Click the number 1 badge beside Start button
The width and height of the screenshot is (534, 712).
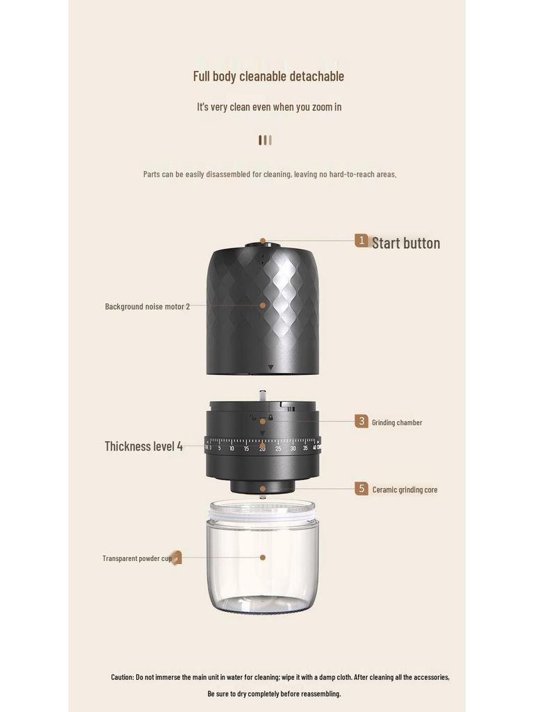[x=362, y=241]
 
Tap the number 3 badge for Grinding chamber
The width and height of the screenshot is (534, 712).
[x=362, y=421]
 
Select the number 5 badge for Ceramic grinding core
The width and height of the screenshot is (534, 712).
[x=362, y=489]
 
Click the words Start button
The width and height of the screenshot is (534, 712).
[x=406, y=243]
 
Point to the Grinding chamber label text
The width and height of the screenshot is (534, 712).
[x=397, y=423]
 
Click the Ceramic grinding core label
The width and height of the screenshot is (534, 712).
[x=405, y=489]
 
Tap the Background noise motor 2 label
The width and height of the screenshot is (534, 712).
[x=147, y=306]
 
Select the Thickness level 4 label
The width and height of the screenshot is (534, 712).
[x=144, y=446]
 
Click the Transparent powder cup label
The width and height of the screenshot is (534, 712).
[x=137, y=558]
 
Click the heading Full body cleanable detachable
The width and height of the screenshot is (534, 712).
[x=268, y=76]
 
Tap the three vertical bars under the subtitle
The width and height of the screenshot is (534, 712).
[x=265, y=140]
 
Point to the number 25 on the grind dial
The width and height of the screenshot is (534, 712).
[x=278, y=448]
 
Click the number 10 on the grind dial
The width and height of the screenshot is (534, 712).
[x=232, y=448]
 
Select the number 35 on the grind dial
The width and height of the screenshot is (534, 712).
[x=305, y=448]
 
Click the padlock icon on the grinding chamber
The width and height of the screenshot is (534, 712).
[x=270, y=417]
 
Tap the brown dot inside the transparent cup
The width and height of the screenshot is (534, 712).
[x=263, y=557]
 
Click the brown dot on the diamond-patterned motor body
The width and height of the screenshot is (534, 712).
[x=263, y=305]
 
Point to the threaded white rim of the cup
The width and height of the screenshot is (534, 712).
[x=262, y=511]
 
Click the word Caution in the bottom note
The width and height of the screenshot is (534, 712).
[x=122, y=677]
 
